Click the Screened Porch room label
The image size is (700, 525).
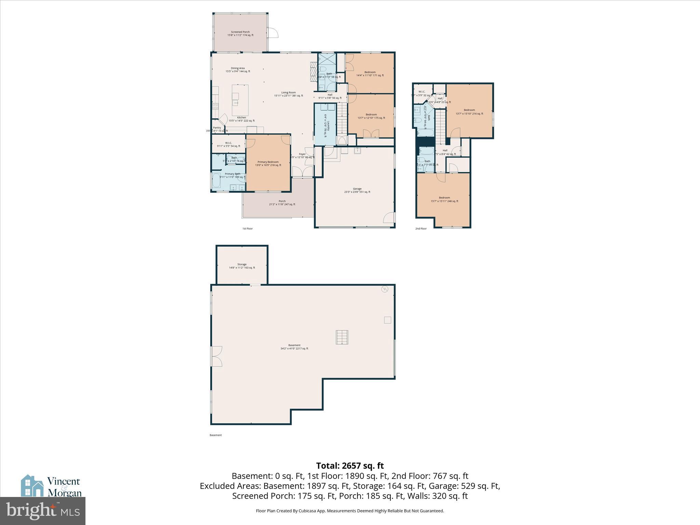[240, 33]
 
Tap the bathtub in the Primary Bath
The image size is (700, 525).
[216, 180]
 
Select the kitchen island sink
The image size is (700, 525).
[236, 103]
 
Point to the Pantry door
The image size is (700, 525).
[223, 119]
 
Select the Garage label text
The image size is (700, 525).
[357, 190]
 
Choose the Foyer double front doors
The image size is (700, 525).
[302, 172]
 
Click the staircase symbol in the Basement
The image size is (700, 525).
[341, 337]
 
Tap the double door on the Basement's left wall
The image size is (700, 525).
[217, 356]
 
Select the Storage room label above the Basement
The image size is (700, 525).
[242, 266]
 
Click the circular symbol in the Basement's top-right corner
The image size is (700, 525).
[385, 289]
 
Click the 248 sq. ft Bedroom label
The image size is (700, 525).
[444, 199]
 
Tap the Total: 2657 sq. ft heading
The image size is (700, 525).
[350, 466]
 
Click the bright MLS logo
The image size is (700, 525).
[42, 511]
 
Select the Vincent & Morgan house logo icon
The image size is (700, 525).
[32, 485]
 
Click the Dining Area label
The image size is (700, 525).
[238, 70]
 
